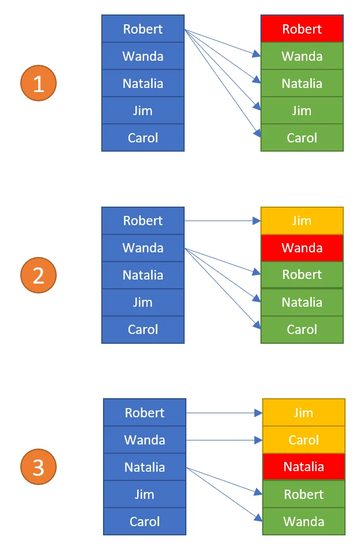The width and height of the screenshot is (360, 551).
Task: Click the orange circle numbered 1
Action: point(38,83)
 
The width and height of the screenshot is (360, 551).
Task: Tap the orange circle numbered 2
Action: point(38,275)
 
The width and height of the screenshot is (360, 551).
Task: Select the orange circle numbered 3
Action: point(38,467)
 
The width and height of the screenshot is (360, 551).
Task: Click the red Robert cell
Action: point(302,29)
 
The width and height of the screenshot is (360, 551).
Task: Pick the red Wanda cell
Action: point(302,248)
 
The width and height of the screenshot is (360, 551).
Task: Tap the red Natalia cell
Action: point(303,467)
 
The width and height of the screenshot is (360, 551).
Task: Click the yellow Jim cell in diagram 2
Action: point(302,221)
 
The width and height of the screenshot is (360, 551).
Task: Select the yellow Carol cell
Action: point(303,440)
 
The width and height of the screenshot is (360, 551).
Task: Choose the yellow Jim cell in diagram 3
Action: point(303,413)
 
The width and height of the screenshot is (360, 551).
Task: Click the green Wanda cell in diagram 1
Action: point(302,56)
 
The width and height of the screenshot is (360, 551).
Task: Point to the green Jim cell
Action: point(302,111)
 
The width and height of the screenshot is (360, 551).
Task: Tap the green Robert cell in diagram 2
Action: point(302,275)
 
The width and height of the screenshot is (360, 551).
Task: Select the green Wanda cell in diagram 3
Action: point(303,521)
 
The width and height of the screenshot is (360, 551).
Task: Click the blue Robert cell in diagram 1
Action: point(143,29)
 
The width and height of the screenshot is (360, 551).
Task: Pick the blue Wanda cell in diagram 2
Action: point(143,248)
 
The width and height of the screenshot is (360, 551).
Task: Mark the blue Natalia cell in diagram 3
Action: point(145,467)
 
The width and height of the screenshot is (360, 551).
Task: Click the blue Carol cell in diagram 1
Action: point(143,138)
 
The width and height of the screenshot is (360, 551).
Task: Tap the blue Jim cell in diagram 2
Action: point(143,302)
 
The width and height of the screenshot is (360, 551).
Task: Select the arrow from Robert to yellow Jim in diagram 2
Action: point(222,221)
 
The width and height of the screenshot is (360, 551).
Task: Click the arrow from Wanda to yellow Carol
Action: point(224,440)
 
